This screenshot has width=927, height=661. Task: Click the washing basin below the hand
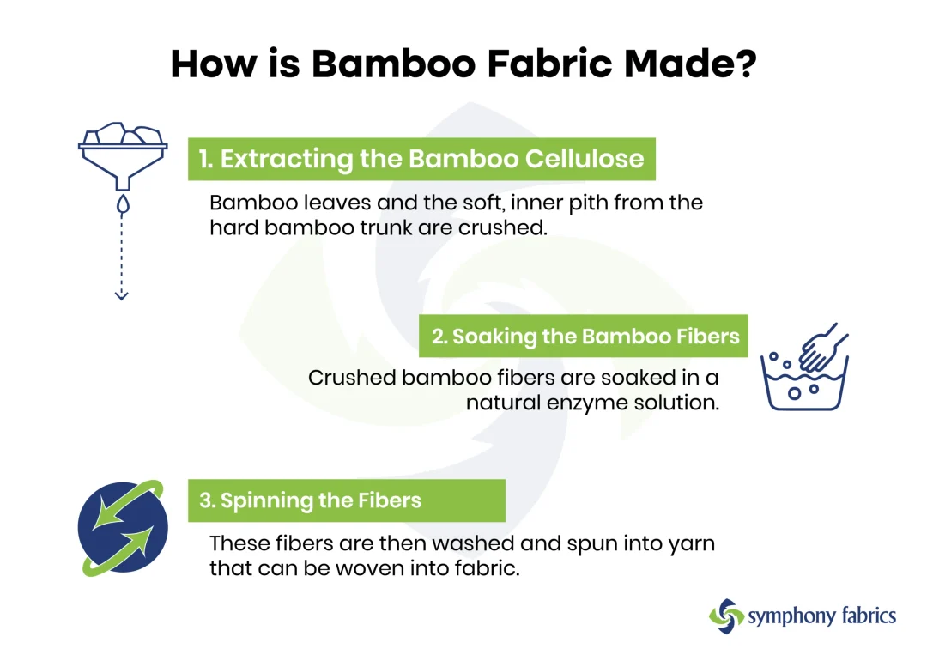coord(804,387)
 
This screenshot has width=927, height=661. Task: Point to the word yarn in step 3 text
coord(690,543)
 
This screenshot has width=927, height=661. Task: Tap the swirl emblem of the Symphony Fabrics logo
coord(726,616)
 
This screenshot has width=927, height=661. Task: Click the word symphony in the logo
coord(788,616)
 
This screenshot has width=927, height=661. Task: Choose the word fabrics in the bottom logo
coord(863,616)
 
